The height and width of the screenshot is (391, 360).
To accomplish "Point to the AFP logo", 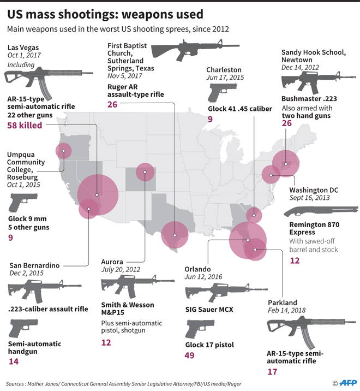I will pyautogui.click(x=345, y=383).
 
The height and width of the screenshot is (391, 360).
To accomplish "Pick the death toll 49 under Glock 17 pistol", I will pyautogui.click(x=191, y=356).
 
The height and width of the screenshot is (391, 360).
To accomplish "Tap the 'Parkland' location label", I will pyautogui.click(x=283, y=303).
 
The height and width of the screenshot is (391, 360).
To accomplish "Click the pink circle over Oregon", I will pyautogui.click(x=63, y=151).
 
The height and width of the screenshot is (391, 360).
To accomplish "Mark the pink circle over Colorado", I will pyautogui.click(x=145, y=173).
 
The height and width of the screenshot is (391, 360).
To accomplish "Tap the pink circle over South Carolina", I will pyautogui.click(x=253, y=214).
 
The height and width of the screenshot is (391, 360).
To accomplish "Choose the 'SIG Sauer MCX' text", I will pyautogui.click(x=209, y=310).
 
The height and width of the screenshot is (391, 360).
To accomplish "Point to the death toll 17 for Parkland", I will pyautogui.click(x=273, y=372).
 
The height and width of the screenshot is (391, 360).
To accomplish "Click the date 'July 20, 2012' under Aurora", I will pyautogui.click(x=121, y=269).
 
